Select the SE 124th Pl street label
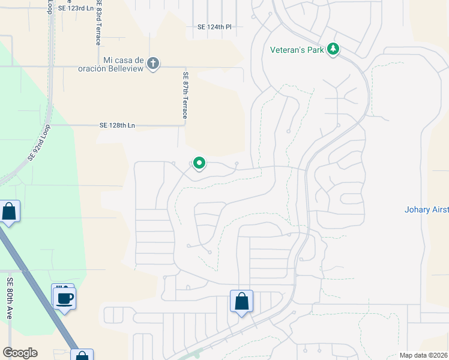(214, 27)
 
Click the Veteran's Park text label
(297, 50)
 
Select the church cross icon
(153, 63)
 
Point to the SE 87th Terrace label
(185, 95)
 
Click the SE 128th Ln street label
(118, 125)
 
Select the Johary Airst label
(427, 209)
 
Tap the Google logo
(20, 353)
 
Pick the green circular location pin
(199, 163)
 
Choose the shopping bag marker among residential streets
(241, 301)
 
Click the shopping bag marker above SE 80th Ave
(9, 212)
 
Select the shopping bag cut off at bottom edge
(82, 355)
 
